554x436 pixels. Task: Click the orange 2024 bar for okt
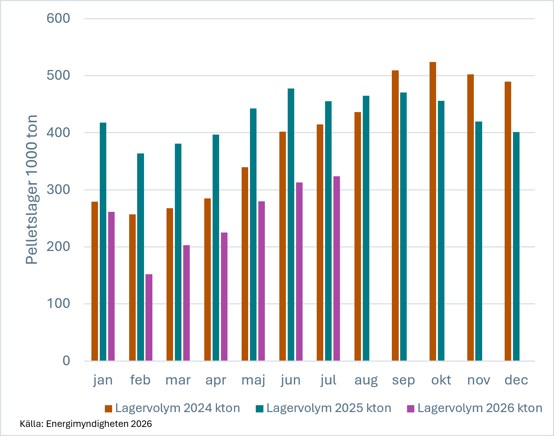click(433, 211)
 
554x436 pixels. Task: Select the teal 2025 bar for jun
click(291, 225)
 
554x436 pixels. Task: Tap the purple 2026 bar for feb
click(149, 317)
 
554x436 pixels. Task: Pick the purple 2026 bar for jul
click(336, 268)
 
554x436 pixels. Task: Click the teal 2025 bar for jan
click(103, 242)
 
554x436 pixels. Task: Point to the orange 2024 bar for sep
click(395, 215)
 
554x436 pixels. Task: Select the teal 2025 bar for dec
click(516, 246)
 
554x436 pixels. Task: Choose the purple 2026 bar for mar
click(186, 303)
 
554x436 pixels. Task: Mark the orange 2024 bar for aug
click(358, 236)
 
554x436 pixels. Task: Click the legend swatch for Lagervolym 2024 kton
click(108, 409)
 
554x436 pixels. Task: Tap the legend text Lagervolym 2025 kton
click(329, 408)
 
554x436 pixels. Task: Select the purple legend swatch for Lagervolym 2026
click(411, 409)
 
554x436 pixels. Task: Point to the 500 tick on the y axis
click(58, 75)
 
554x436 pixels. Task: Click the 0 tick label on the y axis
click(66, 361)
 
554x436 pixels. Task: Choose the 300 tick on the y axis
click(58, 190)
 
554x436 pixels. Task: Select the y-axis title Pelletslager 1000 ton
click(32, 190)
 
